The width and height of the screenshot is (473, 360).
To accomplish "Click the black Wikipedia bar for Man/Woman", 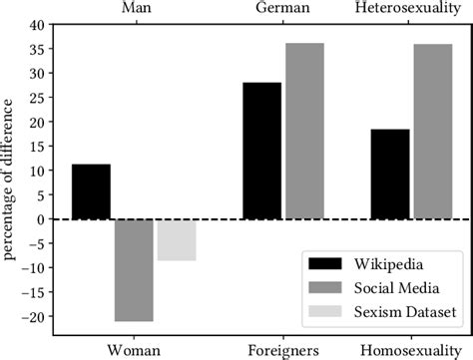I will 91,191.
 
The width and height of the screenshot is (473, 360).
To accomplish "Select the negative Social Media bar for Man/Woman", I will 134,269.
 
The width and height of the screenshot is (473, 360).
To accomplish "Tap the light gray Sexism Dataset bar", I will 177,239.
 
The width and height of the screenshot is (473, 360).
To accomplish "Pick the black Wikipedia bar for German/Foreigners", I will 262,151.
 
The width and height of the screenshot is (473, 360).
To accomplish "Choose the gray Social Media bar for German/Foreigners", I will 304,131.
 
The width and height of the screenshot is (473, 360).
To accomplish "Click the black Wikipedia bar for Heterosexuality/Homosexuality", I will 390,174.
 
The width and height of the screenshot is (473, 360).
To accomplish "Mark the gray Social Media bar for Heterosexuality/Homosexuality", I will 433,131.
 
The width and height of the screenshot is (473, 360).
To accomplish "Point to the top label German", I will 283,9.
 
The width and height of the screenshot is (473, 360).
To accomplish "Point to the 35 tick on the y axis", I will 37,48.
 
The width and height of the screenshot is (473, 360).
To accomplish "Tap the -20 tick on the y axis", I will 34,317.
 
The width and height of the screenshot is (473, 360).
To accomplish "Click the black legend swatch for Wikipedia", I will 327,263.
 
